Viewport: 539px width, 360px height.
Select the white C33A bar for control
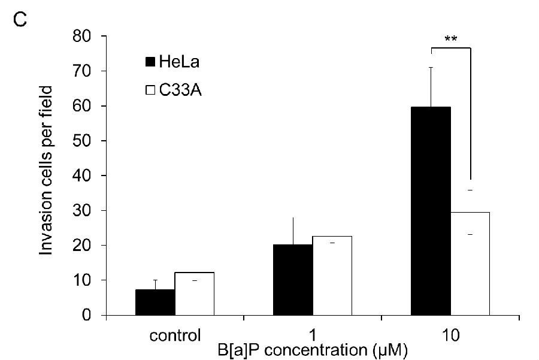[x=195, y=294]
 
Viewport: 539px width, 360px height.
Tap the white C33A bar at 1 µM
[x=332, y=276]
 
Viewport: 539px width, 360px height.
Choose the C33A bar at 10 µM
[x=470, y=264]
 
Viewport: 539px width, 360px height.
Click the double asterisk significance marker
[x=451, y=39]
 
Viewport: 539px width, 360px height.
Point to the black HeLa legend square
[x=150, y=61]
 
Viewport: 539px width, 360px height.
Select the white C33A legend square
[x=150, y=90]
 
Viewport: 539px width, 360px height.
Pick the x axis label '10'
[x=451, y=334]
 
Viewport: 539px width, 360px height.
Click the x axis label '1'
[x=312, y=334]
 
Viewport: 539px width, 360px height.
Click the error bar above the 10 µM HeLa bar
[x=431, y=86]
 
